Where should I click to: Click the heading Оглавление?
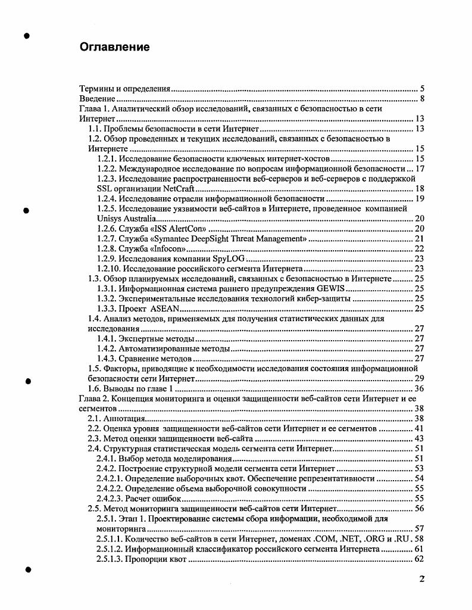pos(114,46)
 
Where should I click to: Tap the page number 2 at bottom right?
pos(421,579)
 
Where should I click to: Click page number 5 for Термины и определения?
pos(421,89)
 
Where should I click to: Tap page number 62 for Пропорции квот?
pos(418,559)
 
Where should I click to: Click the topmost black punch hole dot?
pos(27,36)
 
